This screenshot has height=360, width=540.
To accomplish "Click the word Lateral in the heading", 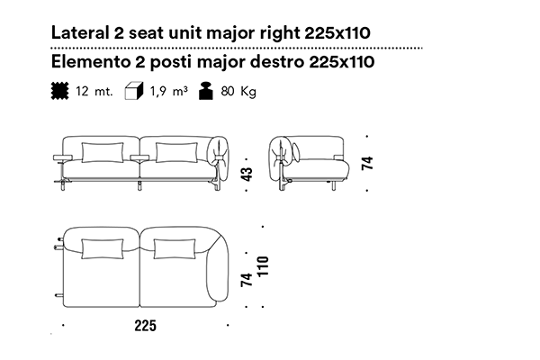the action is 79,32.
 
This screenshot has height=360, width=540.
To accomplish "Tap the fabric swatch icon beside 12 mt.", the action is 60,91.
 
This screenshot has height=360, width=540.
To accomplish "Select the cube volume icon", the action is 134,91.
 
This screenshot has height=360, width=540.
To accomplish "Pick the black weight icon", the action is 206,91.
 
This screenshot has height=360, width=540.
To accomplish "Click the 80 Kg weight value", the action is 238,91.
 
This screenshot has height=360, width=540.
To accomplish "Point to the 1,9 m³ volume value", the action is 169,91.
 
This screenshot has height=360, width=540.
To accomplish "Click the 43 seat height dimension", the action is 247,174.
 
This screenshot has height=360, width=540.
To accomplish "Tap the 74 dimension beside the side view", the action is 367,163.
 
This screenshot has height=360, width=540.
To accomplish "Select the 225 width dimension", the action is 145,326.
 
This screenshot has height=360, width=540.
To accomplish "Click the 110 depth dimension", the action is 263,266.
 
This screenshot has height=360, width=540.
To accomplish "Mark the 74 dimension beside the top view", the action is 247,280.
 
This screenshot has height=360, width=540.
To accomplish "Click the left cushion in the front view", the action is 103,152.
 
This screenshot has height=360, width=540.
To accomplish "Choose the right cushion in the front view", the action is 176,152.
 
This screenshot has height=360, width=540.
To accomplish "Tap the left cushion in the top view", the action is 103,248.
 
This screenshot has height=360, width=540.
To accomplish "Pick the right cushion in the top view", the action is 175,248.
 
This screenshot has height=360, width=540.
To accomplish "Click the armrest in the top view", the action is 218,272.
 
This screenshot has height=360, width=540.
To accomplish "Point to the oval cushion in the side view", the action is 296,152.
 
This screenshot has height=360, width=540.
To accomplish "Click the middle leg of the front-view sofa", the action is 139,185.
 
